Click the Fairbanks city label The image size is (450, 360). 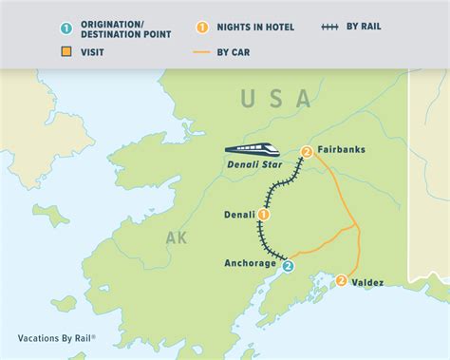[342, 150]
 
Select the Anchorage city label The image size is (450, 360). [251, 262]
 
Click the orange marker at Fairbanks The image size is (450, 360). [307, 152]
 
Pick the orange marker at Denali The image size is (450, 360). [263, 215]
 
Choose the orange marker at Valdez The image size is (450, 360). [341, 280]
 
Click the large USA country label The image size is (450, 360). [276, 98]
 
